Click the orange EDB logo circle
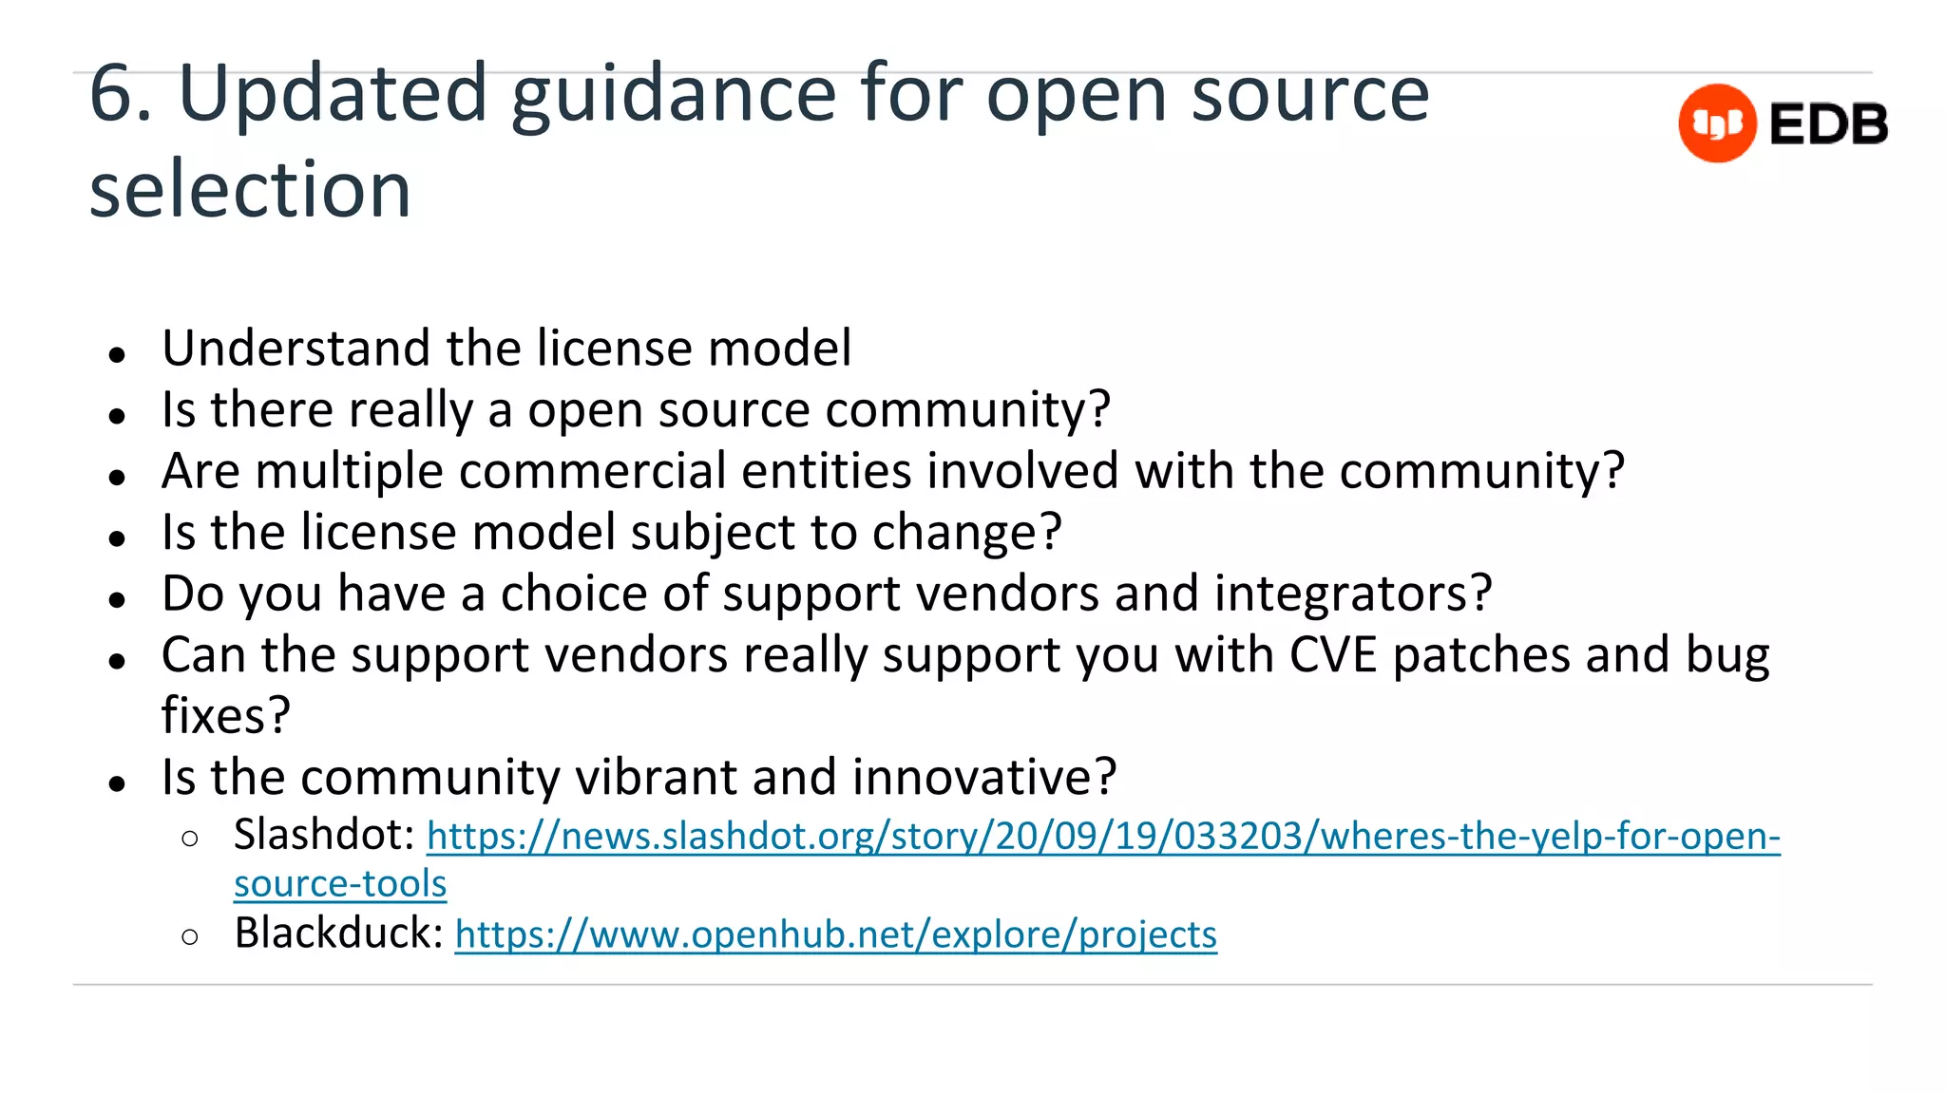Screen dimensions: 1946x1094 pyautogui.click(x=1717, y=123)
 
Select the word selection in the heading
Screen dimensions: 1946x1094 pyautogui.click(x=250, y=188)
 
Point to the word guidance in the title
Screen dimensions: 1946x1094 pyautogui.click(x=674, y=93)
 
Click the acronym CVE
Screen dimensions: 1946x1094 pyautogui.click(x=1332, y=655)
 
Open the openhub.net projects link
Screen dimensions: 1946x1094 pyautogui.click(x=835, y=935)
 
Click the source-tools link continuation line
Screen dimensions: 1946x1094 pyautogui.click(x=340, y=884)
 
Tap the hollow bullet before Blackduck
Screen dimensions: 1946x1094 pyautogui.click(x=190, y=937)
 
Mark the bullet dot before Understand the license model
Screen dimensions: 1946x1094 pyautogui.click(x=118, y=355)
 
